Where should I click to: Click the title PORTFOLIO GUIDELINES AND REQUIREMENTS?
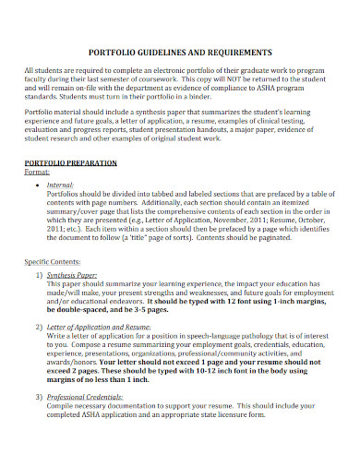point(179,52)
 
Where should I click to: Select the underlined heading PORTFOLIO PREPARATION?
point(70,162)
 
